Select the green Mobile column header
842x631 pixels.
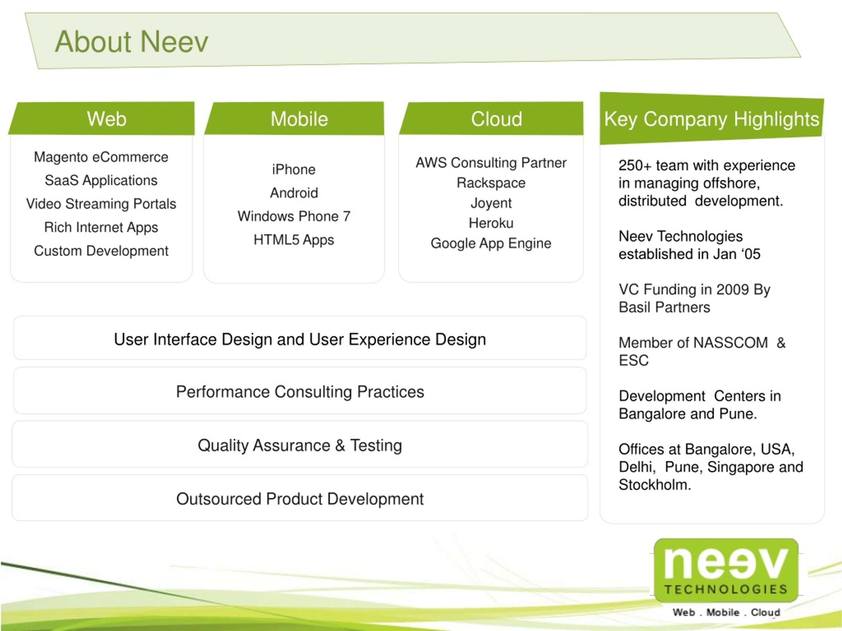295,118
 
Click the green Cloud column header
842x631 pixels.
491,118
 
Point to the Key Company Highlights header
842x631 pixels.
711,119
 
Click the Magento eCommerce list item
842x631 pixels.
101,157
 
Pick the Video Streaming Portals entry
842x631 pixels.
101,204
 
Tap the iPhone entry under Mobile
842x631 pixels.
294,169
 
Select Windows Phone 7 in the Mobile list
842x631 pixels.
294,216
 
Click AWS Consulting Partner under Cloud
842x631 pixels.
491,163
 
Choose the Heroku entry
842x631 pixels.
491,223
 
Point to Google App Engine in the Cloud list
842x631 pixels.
491,244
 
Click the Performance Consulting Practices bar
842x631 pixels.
300,391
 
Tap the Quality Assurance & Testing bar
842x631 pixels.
300,444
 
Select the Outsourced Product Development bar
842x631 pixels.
300,498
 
